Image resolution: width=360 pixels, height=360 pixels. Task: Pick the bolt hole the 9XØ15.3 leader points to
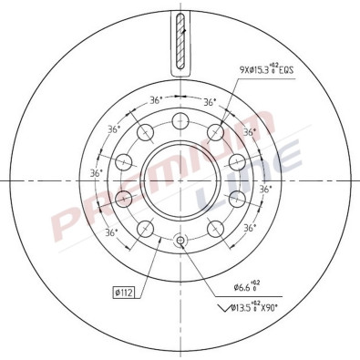click(x=216, y=133)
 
